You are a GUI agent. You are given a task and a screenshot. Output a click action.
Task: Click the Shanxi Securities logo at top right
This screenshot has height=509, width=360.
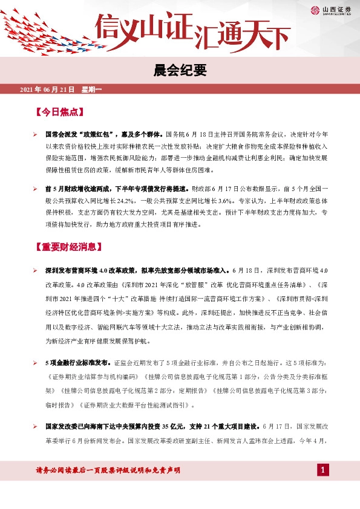332,9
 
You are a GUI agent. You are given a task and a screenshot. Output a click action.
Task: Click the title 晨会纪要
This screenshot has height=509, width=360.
180,71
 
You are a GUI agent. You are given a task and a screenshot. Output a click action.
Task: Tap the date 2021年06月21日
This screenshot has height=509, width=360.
47,89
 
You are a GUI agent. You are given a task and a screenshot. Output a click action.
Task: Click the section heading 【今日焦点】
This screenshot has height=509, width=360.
59,112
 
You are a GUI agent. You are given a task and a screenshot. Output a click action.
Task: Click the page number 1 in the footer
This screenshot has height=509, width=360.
323,470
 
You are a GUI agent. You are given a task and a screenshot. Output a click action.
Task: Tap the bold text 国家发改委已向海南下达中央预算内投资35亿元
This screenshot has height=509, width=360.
119,427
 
